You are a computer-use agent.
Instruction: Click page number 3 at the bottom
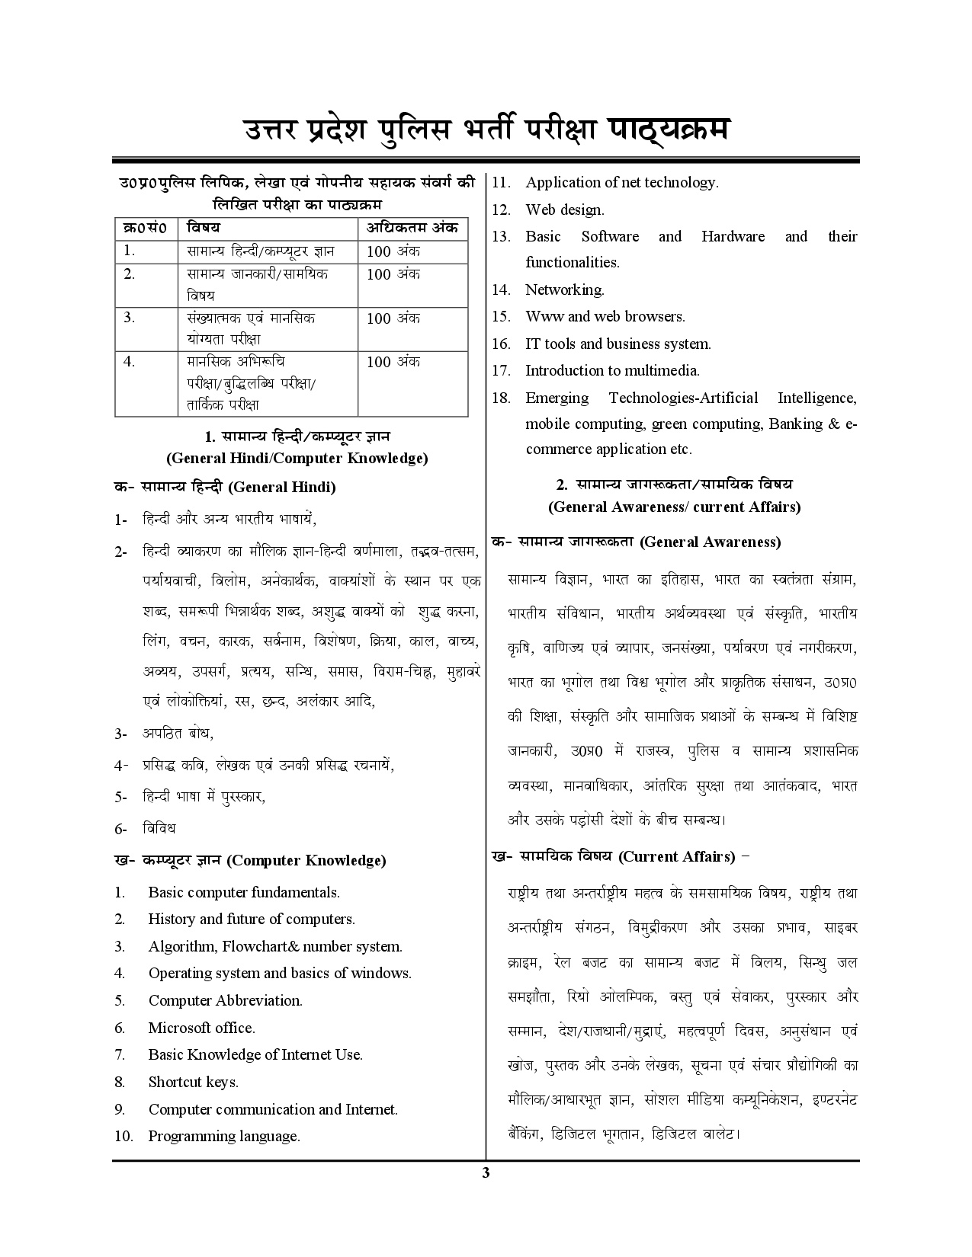click(x=486, y=1172)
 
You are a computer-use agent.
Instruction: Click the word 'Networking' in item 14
click(x=563, y=289)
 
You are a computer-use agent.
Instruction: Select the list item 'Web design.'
click(x=564, y=209)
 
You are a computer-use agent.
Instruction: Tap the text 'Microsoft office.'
click(x=201, y=1028)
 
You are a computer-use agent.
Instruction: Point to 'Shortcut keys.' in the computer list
click(x=193, y=1082)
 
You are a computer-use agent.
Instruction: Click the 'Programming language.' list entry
click(x=223, y=1136)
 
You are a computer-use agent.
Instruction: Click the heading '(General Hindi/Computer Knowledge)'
click(x=297, y=458)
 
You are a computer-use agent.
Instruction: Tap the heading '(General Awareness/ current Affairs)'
click(x=674, y=507)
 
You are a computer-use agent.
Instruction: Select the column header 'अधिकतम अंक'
click(x=412, y=227)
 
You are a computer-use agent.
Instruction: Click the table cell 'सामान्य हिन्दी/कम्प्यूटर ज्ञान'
click(x=261, y=251)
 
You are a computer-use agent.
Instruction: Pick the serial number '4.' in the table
click(x=129, y=361)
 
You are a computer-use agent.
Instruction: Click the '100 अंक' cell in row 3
click(x=393, y=318)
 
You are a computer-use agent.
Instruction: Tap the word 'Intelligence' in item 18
click(x=816, y=398)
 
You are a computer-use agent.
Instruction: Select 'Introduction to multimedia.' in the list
click(x=612, y=370)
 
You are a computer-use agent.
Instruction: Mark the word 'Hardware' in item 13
click(x=733, y=236)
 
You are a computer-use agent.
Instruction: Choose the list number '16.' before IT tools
click(x=500, y=344)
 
